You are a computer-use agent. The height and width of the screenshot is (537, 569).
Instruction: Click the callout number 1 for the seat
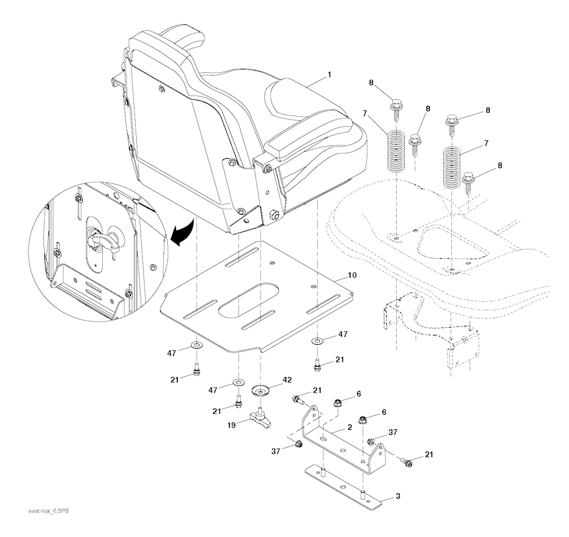pos(330,73)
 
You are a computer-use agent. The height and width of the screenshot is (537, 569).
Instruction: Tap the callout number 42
pos(287,381)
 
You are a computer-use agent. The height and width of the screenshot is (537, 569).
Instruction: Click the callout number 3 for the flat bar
pos(397,495)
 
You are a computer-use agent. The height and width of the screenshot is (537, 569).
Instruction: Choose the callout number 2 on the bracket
pos(350,428)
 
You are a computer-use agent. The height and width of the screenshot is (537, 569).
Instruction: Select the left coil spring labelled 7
pos(396,150)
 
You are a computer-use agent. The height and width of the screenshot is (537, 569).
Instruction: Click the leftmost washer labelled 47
pos(197,346)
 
